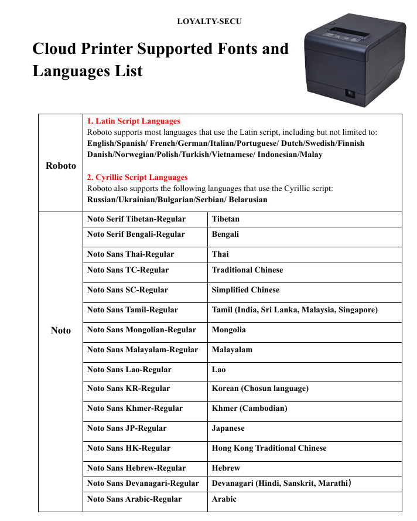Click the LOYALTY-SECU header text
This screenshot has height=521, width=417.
pyautogui.click(x=209, y=22)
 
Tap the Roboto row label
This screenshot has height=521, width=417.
pyautogui.click(x=61, y=166)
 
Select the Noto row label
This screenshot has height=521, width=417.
pyautogui.click(x=61, y=331)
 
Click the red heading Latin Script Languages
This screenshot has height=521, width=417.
pyautogui.click(x=134, y=121)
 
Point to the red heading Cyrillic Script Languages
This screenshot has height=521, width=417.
pyautogui.click(x=137, y=178)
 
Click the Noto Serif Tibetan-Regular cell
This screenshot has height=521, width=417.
pyautogui.click(x=136, y=219)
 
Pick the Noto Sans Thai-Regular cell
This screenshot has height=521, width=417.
pyautogui.click(x=131, y=254)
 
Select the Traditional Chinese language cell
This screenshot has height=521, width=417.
pyautogui.click(x=247, y=270)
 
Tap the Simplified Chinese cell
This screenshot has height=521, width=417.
pyautogui.click(x=245, y=290)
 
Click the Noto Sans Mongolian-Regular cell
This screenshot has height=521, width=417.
pyautogui.click(x=142, y=330)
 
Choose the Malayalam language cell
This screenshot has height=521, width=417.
pyautogui.click(x=232, y=350)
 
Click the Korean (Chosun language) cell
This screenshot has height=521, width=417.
pyautogui.click(x=260, y=389)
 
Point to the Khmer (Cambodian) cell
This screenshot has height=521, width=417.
pyautogui.click(x=249, y=408)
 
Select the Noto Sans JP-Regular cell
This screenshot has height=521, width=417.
pyautogui.click(x=127, y=428)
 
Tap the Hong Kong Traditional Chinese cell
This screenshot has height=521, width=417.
pyautogui.click(x=269, y=448)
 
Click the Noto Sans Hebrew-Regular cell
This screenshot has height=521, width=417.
pyautogui.click(x=136, y=468)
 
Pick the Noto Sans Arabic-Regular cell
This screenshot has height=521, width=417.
pyautogui.click(x=135, y=499)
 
